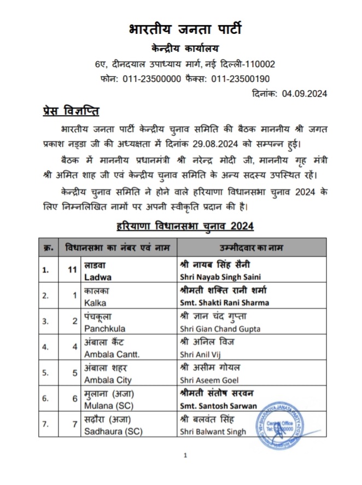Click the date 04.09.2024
click(x=305, y=93)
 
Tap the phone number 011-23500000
click(x=150, y=79)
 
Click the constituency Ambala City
click(x=107, y=380)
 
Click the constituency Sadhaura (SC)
click(x=113, y=431)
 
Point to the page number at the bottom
click(x=185, y=455)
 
